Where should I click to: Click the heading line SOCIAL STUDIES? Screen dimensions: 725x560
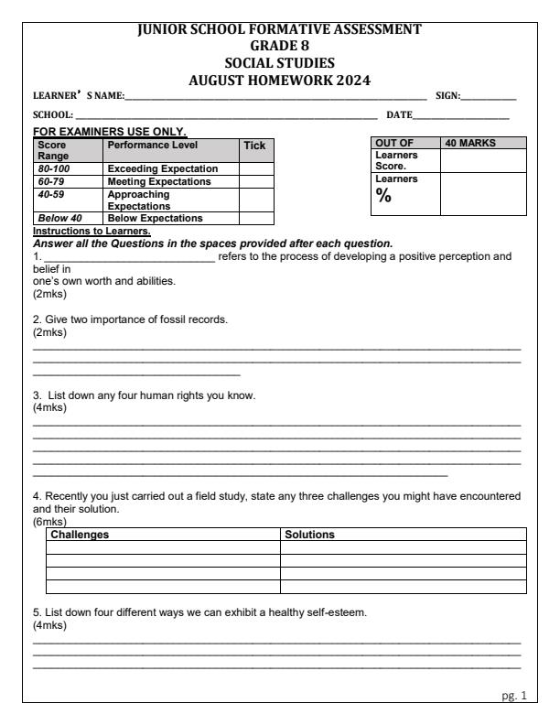pyautogui.click(x=279, y=62)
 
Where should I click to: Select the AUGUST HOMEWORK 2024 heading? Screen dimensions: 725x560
pyautogui.click(x=279, y=80)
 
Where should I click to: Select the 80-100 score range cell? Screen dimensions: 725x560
pyautogui.click(x=49, y=168)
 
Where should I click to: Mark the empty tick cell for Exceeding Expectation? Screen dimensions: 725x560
pyautogui.click(x=256, y=168)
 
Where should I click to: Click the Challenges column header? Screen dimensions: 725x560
pyautogui.click(x=80, y=534)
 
